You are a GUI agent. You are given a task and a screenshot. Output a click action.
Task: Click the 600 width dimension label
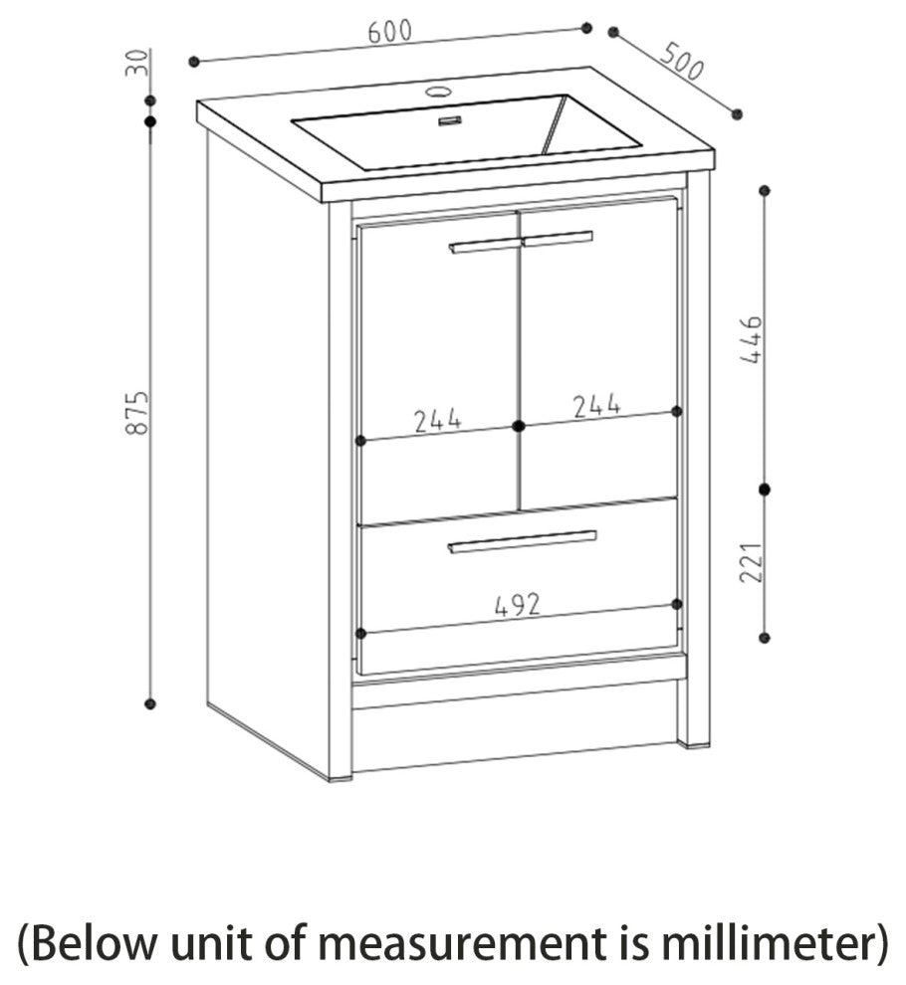pyautogui.click(x=390, y=32)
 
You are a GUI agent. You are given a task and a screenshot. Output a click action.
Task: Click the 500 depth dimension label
pyautogui.click(x=682, y=62)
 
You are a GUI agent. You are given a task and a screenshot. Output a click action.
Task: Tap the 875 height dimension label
pyautogui.click(x=137, y=413)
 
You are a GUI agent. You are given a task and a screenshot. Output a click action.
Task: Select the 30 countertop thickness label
pyautogui.click(x=138, y=63)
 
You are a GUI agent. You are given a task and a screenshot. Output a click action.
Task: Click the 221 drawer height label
pyautogui.click(x=752, y=563)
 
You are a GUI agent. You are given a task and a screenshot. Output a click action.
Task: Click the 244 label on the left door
pyautogui.click(x=438, y=420)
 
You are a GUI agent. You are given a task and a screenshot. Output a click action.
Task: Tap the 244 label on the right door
pyautogui.click(x=596, y=407)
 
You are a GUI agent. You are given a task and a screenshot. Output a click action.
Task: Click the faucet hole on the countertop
pyautogui.click(x=439, y=92)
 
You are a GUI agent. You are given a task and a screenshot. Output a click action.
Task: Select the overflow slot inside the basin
pyautogui.click(x=450, y=121)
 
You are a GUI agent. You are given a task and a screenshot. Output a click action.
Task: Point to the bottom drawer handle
pyautogui.click(x=522, y=541)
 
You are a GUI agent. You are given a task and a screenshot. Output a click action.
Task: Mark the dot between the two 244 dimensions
pyautogui.click(x=519, y=427)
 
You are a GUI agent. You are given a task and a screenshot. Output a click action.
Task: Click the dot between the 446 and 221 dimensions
pyautogui.click(x=765, y=490)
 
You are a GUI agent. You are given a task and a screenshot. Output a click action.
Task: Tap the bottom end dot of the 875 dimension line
pyautogui.click(x=149, y=704)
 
